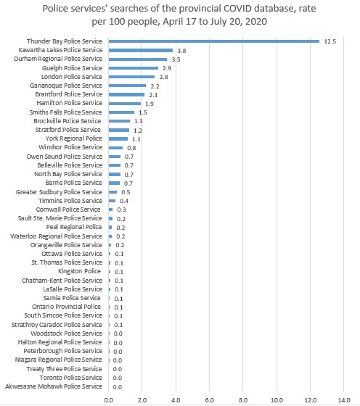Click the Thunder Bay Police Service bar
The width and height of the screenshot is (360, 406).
click(x=214, y=41)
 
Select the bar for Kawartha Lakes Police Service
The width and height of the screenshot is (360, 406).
click(x=141, y=50)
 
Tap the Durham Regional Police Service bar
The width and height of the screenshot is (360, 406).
click(x=138, y=59)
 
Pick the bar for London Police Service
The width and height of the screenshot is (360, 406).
click(x=132, y=77)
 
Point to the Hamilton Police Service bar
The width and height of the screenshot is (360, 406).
click(x=125, y=103)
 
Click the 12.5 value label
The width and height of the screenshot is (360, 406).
click(x=330, y=41)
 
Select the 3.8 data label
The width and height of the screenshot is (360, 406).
click(x=181, y=50)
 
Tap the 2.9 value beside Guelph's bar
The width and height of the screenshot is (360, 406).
click(x=166, y=68)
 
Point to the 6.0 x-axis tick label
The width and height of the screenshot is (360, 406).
click(x=210, y=399)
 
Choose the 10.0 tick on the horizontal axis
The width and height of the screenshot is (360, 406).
click(x=277, y=399)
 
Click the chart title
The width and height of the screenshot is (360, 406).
click(x=180, y=14)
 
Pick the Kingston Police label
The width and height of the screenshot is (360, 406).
click(x=81, y=271)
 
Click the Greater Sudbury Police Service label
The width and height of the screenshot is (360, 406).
click(x=60, y=191)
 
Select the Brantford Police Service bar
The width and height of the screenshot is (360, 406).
click(x=126, y=94)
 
